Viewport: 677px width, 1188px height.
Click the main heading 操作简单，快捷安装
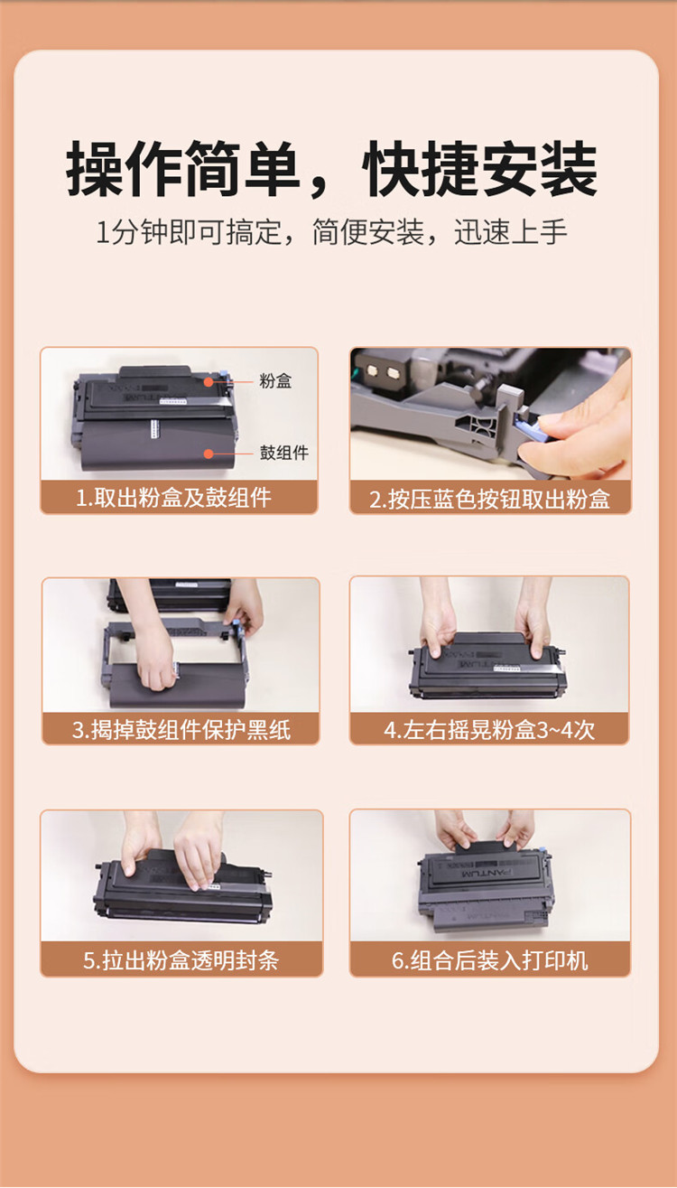(331, 169)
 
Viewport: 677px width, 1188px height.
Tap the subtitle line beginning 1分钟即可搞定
(331, 232)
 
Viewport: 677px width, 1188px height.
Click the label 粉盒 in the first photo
(275, 380)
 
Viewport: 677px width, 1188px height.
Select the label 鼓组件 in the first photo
(284, 453)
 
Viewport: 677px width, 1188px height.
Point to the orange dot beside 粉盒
(209, 382)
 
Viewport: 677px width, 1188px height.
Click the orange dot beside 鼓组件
(209, 454)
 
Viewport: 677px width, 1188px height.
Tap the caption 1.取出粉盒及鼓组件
(173, 498)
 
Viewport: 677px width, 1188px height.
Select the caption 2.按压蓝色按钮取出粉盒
(489, 499)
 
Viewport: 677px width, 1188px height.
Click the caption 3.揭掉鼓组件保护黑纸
(181, 729)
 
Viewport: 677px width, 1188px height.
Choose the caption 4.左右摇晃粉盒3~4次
(489, 730)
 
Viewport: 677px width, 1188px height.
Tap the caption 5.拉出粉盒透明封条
(181, 960)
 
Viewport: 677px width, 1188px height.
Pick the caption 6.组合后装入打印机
(489, 960)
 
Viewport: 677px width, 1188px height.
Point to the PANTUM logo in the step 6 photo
(487, 872)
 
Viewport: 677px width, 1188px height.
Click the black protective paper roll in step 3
(178, 685)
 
